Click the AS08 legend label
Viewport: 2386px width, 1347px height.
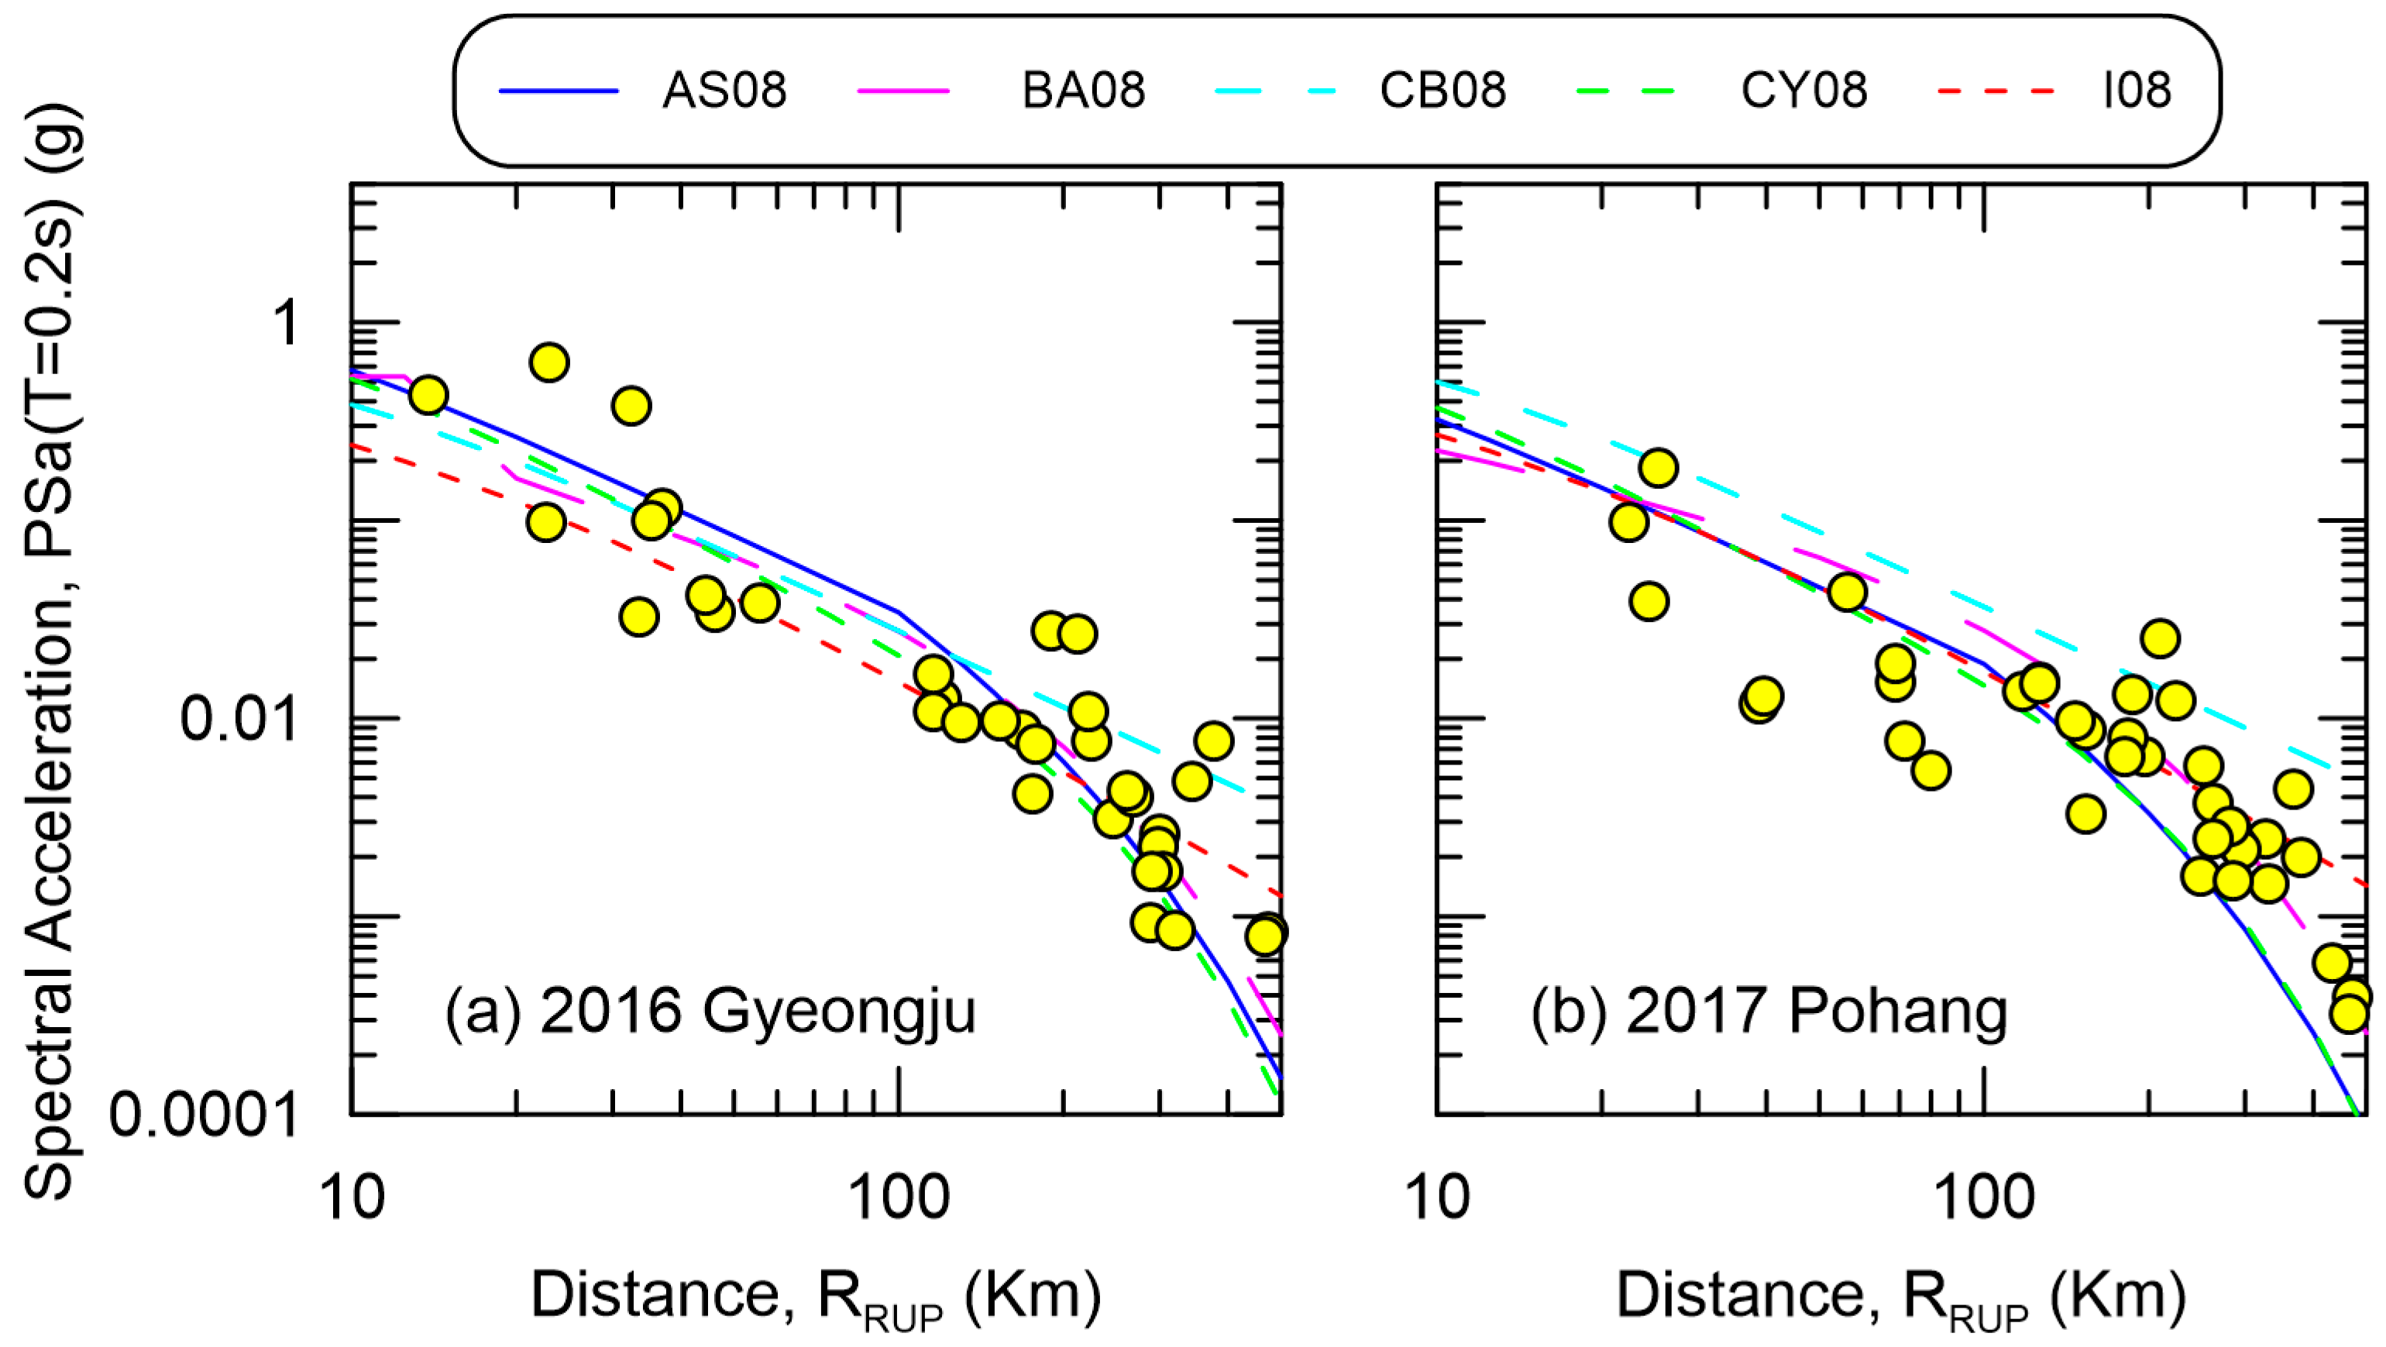pyautogui.click(x=724, y=91)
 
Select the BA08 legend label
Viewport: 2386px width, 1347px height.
pyautogui.click(x=1083, y=91)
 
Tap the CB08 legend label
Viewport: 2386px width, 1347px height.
pyautogui.click(x=1442, y=91)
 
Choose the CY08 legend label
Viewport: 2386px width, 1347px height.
pyautogui.click(x=1803, y=91)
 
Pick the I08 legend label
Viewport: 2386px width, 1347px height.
pyautogui.click(x=2137, y=91)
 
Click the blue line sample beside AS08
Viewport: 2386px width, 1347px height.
pyautogui.click(x=559, y=91)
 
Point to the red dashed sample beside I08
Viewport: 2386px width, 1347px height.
pyautogui.click(x=1996, y=91)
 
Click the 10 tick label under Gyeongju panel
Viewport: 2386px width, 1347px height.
pyautogui.click(x=351, y=1197)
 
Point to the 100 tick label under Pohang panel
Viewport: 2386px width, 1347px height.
pyautogui.click(x=1984, y=1197)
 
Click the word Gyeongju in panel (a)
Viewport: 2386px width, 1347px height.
pyautogui.click(x=838, y=1010)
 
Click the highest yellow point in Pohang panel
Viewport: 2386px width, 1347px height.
pyautogui.click(x=1658, y=468)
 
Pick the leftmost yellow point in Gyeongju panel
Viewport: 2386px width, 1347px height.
pyautogui.click(x=428, y=396)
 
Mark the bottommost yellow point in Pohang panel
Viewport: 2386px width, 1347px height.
pyautogui.click(x=2350, y=1015)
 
